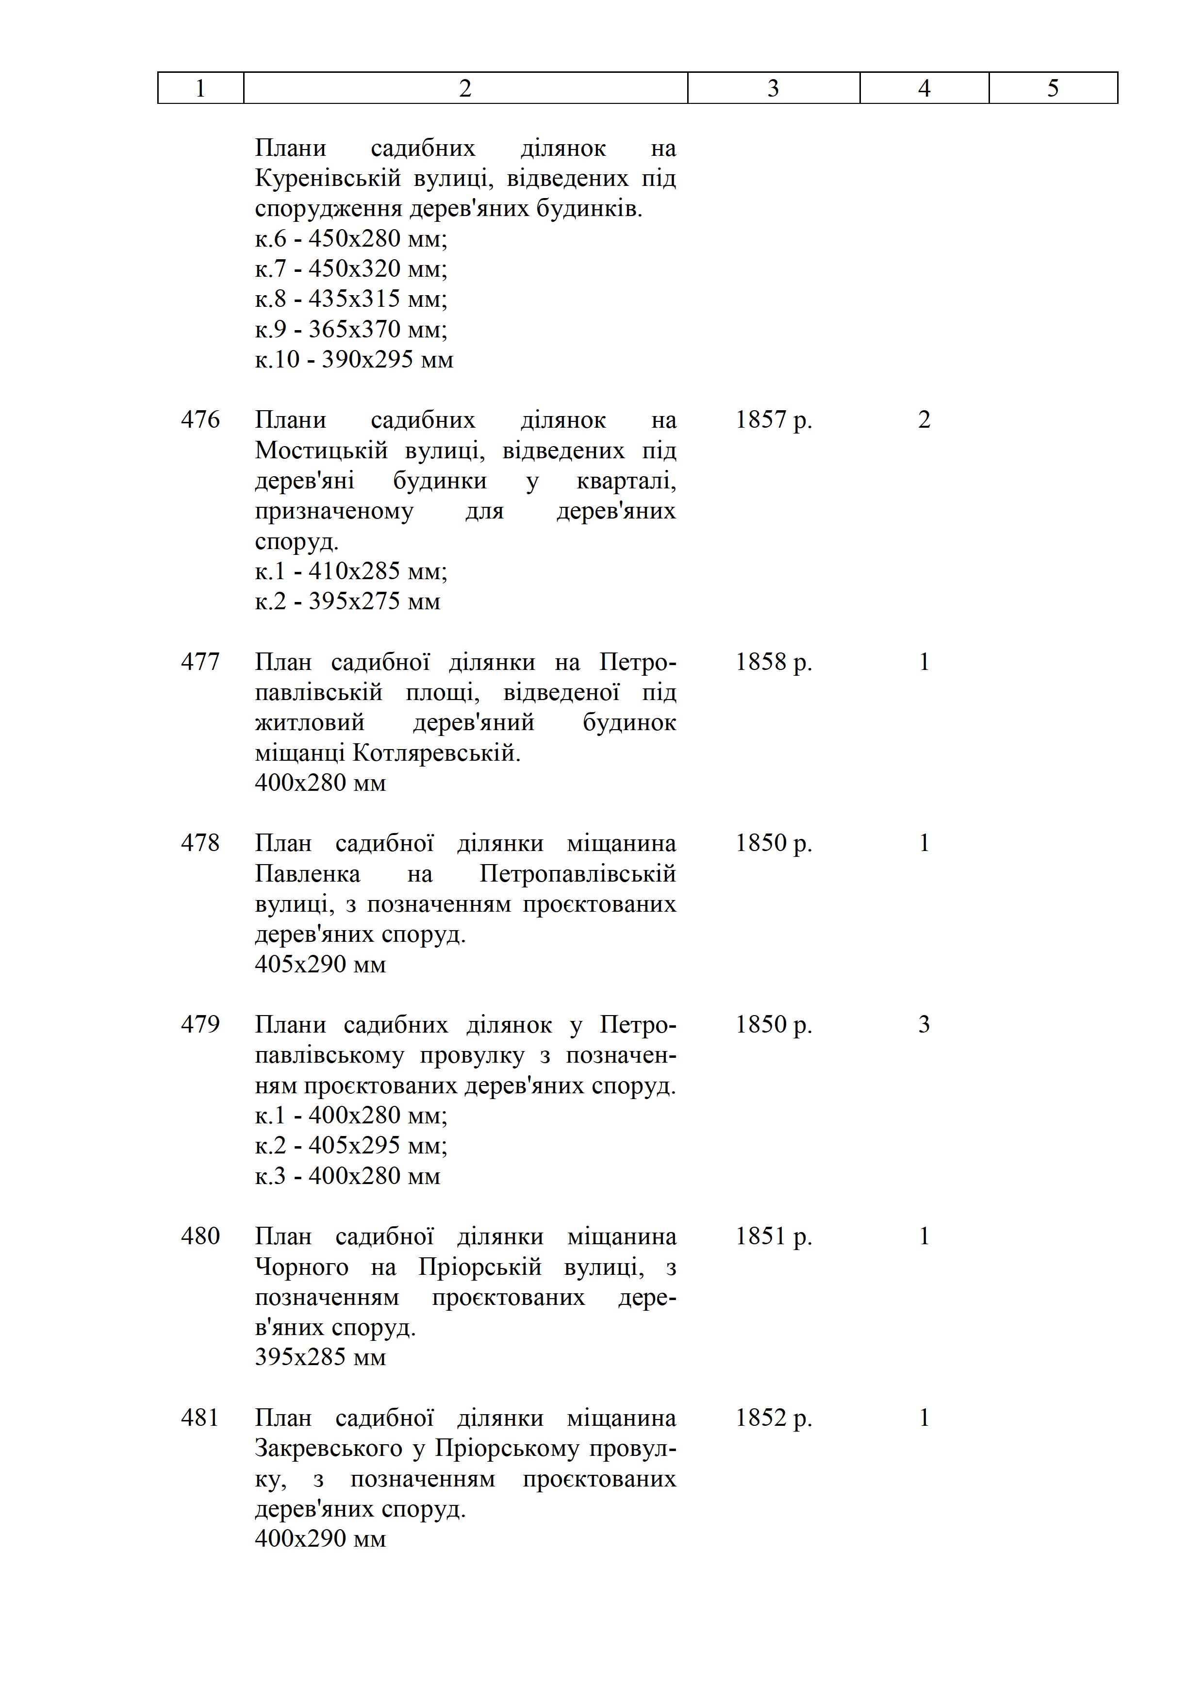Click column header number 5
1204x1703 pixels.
pos(1053,88)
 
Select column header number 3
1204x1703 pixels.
pos(773,88)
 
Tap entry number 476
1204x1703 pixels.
pos(200,420)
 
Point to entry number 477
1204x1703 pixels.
pos(200,662)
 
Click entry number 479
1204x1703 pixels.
pos(200,1024)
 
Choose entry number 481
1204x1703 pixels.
pos(200,1418)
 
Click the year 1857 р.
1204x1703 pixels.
pos(773,420)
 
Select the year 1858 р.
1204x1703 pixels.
pos(773,662)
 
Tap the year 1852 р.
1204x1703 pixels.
pos(773,1418)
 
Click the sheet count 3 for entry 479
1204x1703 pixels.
pos(924,1024)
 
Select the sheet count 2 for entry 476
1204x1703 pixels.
pos(924,420)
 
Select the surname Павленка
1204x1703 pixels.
pos(307,874)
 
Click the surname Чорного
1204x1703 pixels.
pos(301,1267)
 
